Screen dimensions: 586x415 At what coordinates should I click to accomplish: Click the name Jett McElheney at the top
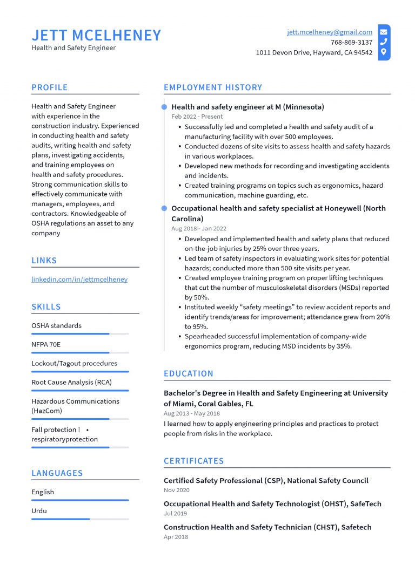(96, 35)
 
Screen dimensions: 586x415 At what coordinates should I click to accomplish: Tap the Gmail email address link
(329, 32)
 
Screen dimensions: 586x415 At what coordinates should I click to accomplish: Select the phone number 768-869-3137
(351, 42)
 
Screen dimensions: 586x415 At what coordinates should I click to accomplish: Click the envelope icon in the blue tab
(384, 32)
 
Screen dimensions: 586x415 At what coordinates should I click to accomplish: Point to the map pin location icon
(384, 52)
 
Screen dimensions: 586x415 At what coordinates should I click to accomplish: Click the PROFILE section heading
(50, 87)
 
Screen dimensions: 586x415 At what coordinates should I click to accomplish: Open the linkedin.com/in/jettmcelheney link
(79, 280)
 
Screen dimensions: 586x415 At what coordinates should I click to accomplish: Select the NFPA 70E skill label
(46, 344)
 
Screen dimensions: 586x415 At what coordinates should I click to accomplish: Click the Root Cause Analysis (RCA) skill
(71, 382)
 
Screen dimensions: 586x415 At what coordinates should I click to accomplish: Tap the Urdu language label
(39, 510)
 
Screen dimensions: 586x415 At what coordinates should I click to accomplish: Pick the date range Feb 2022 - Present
(197, 117)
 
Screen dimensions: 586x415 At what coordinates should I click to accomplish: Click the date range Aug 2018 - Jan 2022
(198, 229)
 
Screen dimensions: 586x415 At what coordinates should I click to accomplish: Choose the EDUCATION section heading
(189, 373)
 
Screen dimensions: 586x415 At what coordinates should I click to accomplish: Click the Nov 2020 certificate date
(176, 490)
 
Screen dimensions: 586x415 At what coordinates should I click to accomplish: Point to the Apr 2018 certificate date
(176, 537)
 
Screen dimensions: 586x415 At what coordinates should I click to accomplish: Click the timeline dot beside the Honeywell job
(164, 208)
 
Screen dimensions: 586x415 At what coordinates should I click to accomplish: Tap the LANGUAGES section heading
(57, 473)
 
